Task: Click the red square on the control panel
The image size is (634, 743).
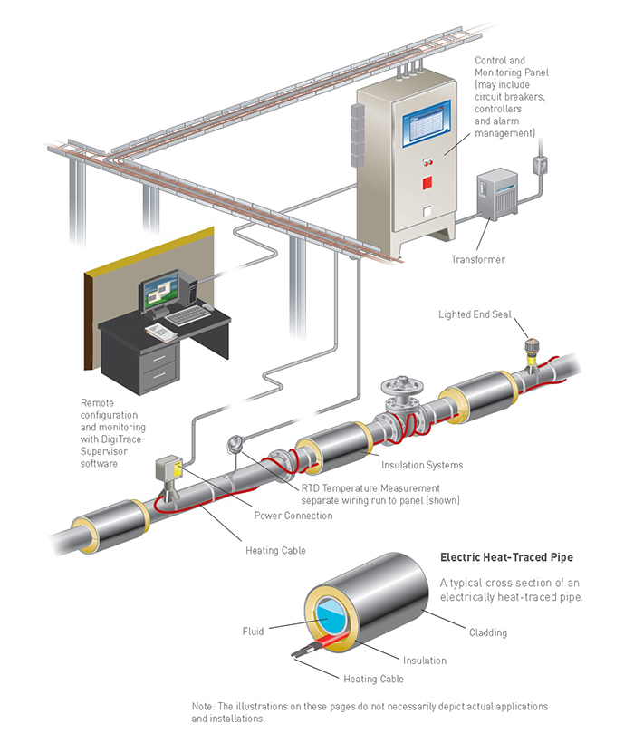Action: pyautogui.click(x=426, y=182)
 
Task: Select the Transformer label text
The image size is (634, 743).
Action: pyautogui.click(x=478, y=260)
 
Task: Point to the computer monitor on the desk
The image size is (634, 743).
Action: pyautogui.click(x=158, y=292)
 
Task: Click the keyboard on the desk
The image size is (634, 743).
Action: pyautogui.click(x=188, y=316)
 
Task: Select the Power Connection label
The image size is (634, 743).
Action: pyautogui.click(x=293, y=516)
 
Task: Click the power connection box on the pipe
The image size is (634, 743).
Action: pyautogui.click(x=168, y=470)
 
